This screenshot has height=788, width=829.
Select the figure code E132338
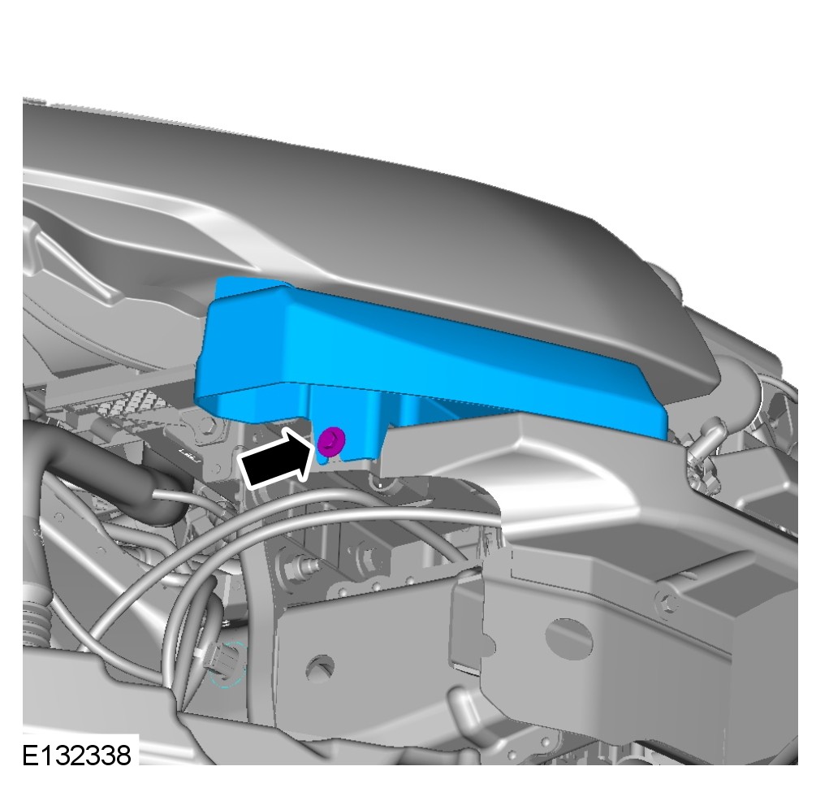(x=76, y=756)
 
